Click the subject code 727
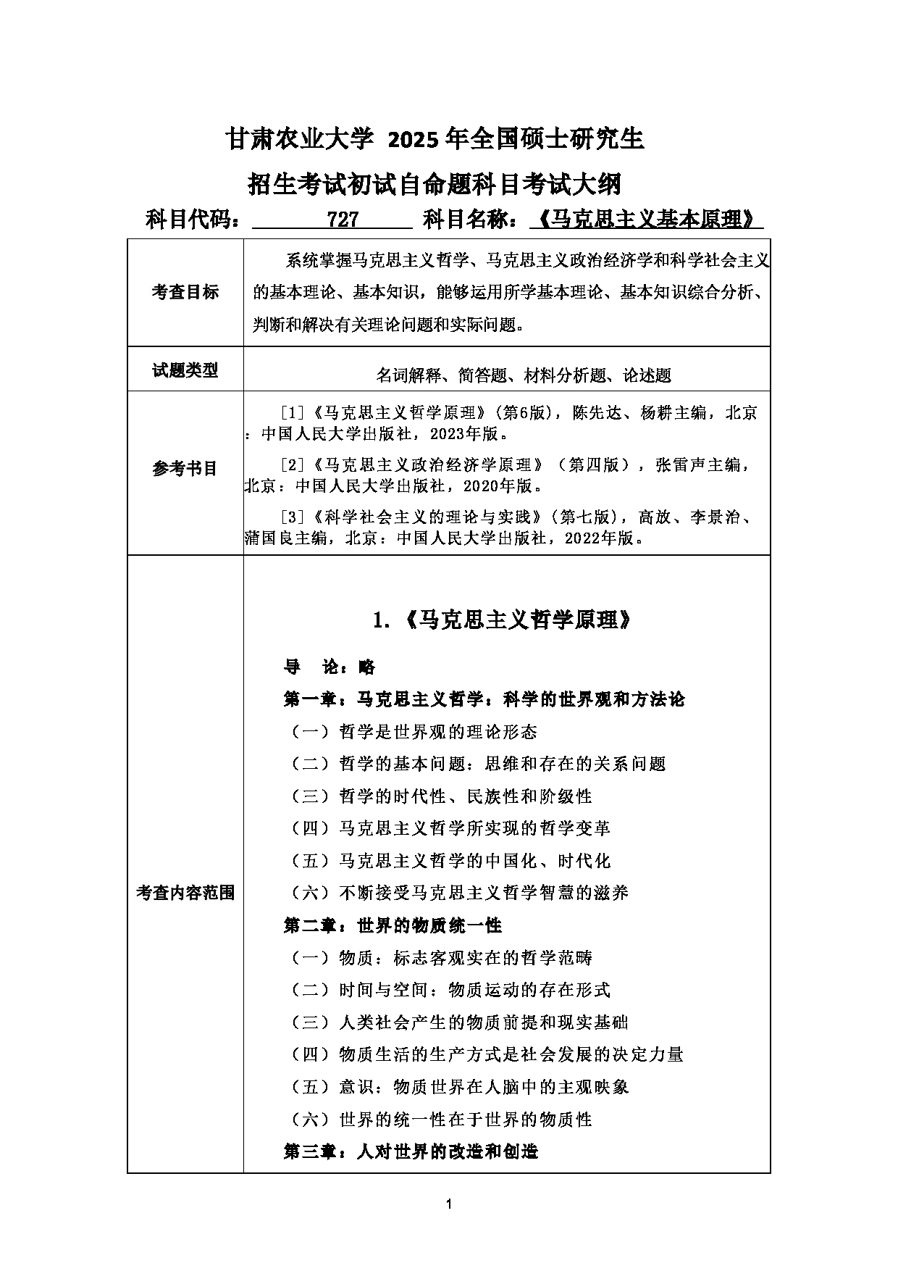[x=343, y=219]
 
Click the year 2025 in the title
[x=414, y=138]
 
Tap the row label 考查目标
[x=185, y=292]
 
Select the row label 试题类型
[x=185, y=370]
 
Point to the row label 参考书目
[x=185, y=469]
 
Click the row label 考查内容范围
[x=185, y=893]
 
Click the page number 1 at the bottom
[x=449, y=1204]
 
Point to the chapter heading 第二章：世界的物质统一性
[x=393, y=925]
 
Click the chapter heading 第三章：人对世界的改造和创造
[x=411, y=1151]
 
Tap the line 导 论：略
[x=330, y=667]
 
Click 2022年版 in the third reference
[x=598, y=538]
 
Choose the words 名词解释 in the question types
[x=408, y=375]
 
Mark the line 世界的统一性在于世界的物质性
[x=465, y=1120]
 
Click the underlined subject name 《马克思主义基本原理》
[x=646, y=219]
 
